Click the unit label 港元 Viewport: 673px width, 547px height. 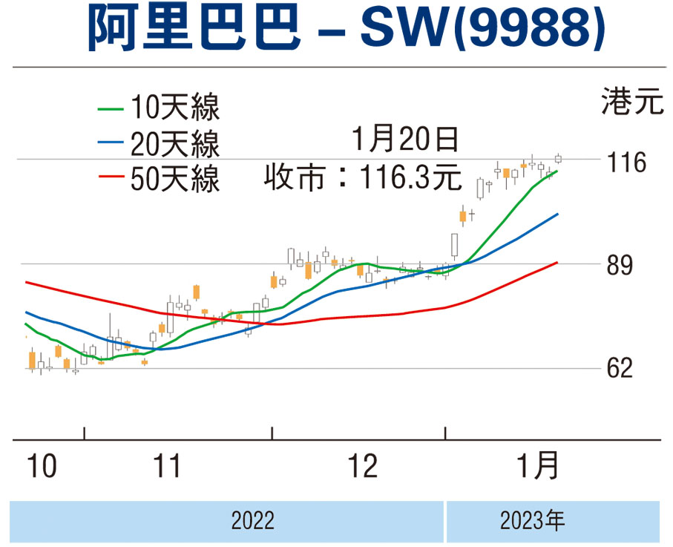click(x=631, y=102)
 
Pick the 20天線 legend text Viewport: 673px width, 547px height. click(x=174, y=144)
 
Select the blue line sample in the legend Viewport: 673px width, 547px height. click(x=111, y=144)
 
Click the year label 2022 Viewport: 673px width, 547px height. click(x=252, y=520)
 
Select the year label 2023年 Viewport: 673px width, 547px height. click(x=532, y=520)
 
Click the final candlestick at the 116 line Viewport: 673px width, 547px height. click(x=559, y=158)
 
